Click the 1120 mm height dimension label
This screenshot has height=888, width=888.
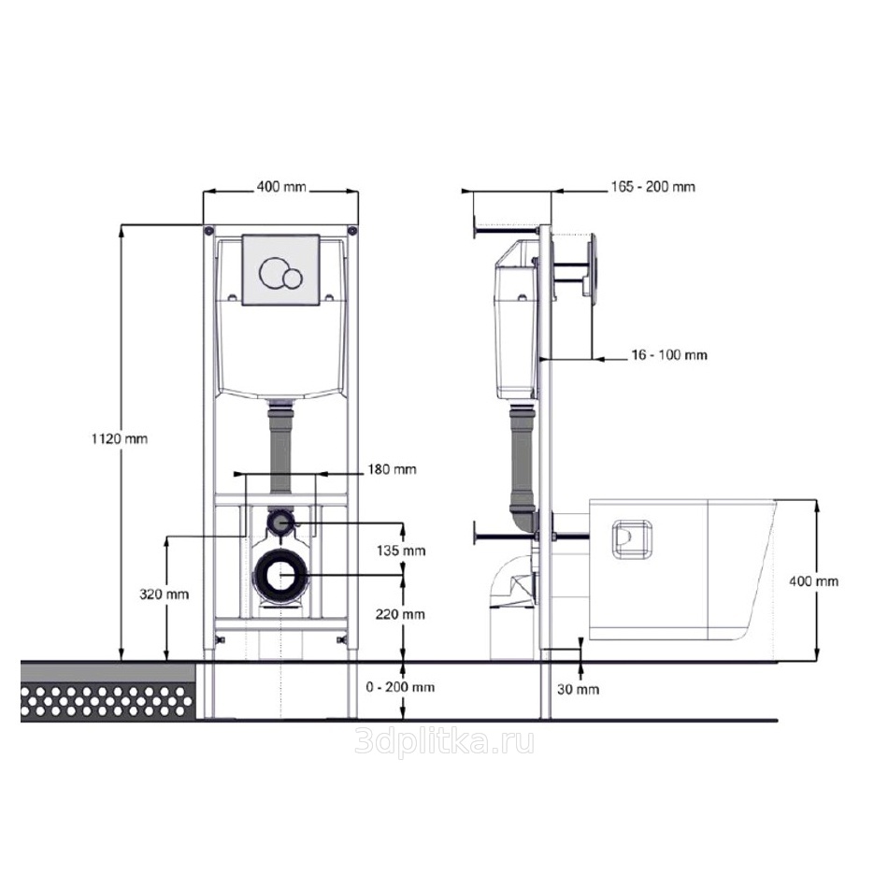coord(120,438)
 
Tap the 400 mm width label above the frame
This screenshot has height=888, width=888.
coord(281,186)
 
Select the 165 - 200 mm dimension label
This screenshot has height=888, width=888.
coord(653,186)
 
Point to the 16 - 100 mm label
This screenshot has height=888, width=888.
coord(669,355)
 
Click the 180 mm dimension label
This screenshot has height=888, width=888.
coord(392,469)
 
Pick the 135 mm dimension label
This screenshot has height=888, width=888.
coord(401,551)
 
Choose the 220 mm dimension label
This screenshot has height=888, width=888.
coord(400,614)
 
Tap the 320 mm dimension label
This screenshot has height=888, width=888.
coord(165,594)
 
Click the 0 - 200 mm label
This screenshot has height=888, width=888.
coord(400,688)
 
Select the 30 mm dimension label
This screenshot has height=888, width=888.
coord(579,689)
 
